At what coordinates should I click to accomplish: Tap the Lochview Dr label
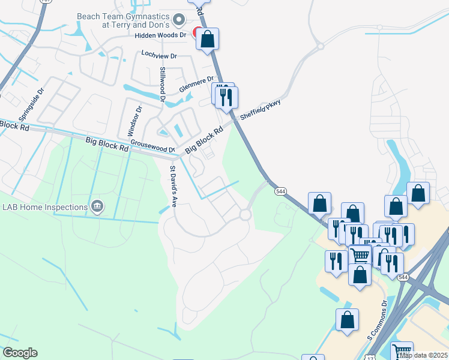click(x=159, y=55)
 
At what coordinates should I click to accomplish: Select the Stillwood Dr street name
click(x=162, y=84)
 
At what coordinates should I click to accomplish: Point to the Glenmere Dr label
click(x=197, y=84)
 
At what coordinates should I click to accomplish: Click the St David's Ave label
click(x=173, y=187)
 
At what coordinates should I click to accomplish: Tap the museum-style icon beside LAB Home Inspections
click(x=97, y=208)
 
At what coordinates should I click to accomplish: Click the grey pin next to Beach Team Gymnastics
click(x=178, y=20)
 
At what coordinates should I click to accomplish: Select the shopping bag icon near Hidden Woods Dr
click(x=208, y=40)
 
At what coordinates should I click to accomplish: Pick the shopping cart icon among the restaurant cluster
click(x=360, y=255)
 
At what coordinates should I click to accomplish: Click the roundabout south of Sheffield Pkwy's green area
click(x=245, y=214)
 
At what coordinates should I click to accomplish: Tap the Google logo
click(x=20, y=353)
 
